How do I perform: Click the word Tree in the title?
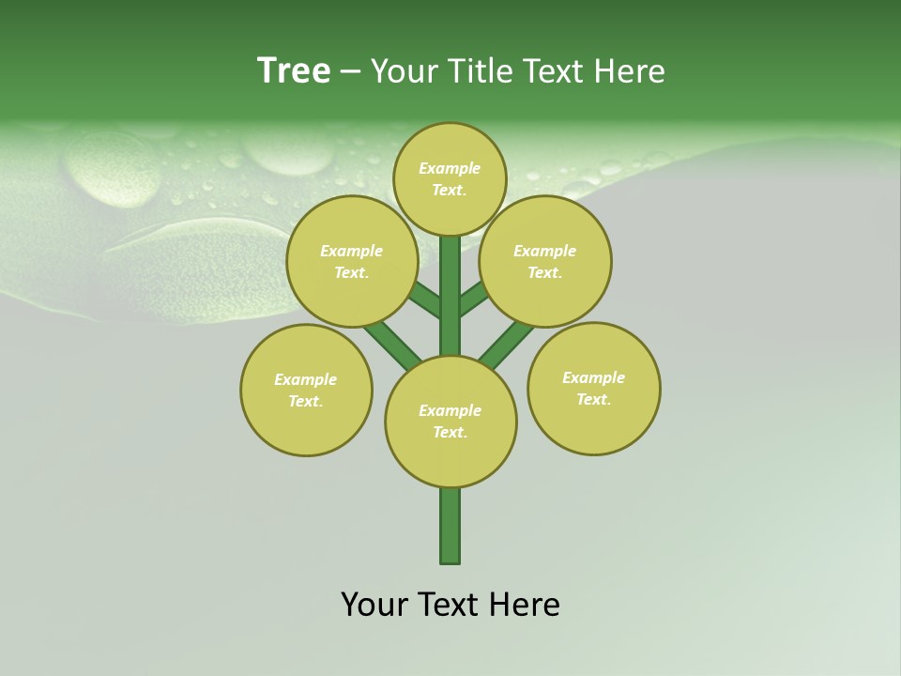[294, 71]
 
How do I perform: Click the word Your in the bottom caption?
[374, 605]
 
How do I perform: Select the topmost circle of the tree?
[450, 178]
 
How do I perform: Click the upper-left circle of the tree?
[352, 261]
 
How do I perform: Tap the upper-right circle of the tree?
[545, 261]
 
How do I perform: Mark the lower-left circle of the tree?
[306, 390]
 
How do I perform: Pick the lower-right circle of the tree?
[593, 388]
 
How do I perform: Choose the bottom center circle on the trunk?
[450, 421]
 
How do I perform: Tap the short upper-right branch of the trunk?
[473, 300]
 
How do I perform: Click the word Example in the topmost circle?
[450, 168]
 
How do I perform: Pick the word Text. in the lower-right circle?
[593, 399]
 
